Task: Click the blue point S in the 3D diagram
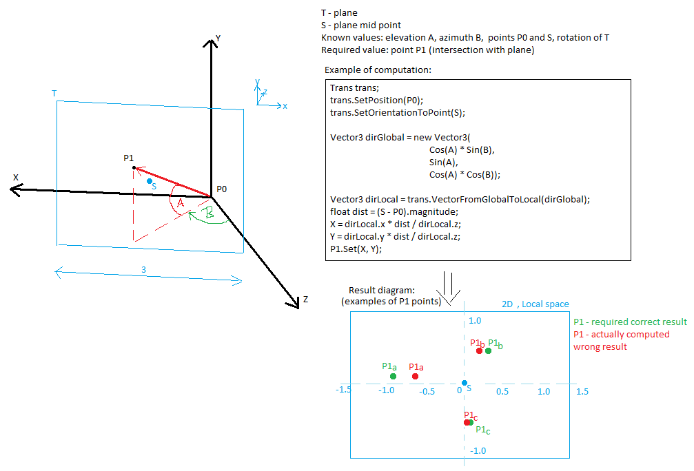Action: tap(150, 181)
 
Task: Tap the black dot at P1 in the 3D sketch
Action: tap(134, 167)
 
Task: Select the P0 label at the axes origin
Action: tap(221, 189)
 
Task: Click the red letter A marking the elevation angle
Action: tap(180, 203)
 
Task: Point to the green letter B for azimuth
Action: tap(208, 212)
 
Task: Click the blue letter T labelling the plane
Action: tap(54, 94)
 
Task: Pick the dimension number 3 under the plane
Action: tap(143, 269)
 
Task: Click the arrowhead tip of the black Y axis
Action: tap(211, 40)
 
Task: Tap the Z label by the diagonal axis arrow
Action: tap(305, 300)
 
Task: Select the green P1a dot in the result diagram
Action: tap(393, 377)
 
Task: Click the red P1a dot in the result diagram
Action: tap(415, 377)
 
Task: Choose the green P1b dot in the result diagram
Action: tap(488, 350)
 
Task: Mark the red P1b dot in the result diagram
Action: tap(480, 350)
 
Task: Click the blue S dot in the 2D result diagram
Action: tap(465, 383)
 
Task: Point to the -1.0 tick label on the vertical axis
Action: tap(478, 450)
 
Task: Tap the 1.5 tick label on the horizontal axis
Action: tap(582, 391)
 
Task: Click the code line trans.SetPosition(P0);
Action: tap(377, 101)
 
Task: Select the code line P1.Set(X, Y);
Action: tap(356, 249)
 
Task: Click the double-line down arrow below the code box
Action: tap(448, 288)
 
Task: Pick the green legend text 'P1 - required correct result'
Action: tap(631, 322)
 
